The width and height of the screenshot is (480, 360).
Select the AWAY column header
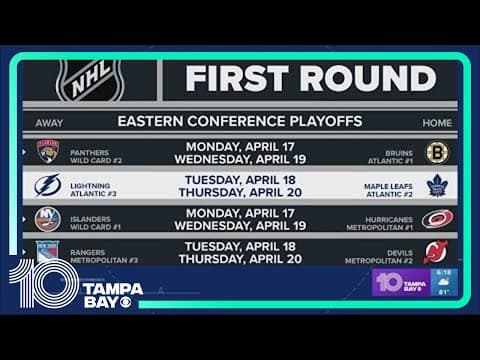click(49, 122)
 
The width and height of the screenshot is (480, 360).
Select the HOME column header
click(437, 122)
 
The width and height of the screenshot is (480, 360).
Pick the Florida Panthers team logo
click(48, 151)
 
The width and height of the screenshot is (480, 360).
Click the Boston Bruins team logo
click(437, 152)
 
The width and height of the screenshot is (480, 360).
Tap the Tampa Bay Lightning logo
click(48, 185)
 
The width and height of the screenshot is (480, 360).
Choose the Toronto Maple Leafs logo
click(437, 185)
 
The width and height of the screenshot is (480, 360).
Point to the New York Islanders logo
click(48, 218)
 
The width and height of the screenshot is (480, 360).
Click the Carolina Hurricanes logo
click(437, 218)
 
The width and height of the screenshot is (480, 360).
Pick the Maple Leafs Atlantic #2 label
click(387, 185)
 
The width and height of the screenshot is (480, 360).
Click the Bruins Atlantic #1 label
click(391, 152)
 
